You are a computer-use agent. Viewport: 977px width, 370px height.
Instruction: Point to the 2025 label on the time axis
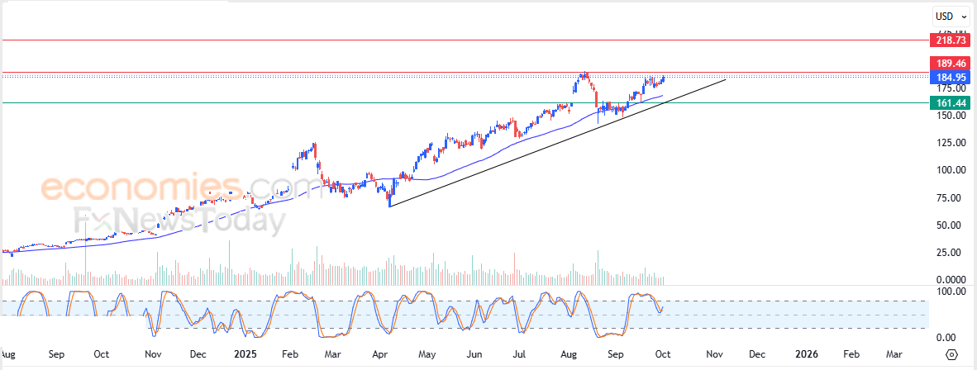click(246, 354)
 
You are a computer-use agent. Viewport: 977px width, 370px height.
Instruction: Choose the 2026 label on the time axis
click(806, 354)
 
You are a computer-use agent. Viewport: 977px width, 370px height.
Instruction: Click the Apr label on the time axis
click(380, 354)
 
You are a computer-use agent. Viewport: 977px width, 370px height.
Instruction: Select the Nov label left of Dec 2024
click(153, 354)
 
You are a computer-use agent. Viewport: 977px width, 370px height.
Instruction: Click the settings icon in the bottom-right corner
click(951, 354)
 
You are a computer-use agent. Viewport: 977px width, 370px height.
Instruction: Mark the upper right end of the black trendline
click(726, 79)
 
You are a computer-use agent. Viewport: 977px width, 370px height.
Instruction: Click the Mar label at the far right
click(894, 354)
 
